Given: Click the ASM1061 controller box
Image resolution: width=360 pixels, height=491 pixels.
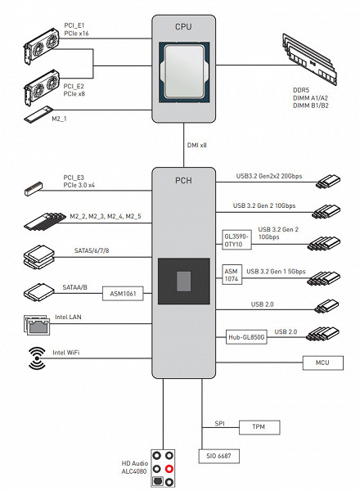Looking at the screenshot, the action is click(123, 294).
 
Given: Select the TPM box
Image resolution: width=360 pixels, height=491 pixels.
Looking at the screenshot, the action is click(259, 427).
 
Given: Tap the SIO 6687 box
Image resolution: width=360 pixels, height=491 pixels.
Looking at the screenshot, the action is click(218, 456).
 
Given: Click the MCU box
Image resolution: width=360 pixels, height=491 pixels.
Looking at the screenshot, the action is click(322, 363).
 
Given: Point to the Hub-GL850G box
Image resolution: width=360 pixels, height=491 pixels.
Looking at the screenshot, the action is click(246, 337).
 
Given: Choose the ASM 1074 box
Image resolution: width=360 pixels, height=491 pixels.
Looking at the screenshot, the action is click(232, 275).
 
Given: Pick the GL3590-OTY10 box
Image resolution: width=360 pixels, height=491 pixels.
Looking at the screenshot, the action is click(236, 240).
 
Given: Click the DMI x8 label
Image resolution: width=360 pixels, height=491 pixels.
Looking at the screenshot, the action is click(197, 146).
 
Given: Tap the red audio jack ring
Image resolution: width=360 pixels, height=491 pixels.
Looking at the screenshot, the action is click(169, 469).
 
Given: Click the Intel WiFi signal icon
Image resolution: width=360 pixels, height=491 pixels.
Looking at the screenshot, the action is click(37, 358).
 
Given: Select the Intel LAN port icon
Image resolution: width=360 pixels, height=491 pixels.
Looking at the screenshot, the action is click(37, 325).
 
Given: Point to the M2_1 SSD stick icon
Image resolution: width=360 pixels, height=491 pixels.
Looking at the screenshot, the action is click(38, 114).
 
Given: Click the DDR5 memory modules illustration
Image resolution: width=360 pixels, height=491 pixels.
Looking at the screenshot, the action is click(309, 59).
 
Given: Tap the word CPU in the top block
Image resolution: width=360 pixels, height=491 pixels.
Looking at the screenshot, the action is click(183, 27).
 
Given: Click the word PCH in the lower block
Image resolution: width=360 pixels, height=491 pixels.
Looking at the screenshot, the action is click(183, 181).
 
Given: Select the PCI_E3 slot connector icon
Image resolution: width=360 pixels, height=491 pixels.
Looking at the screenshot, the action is click(34, 188).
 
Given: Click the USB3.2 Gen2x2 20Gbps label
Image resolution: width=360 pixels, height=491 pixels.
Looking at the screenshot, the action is click(269, 176).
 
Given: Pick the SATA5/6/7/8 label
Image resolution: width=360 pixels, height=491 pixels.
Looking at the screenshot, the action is click(92, 250).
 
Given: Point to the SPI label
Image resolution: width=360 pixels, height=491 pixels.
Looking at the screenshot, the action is click(219, 423).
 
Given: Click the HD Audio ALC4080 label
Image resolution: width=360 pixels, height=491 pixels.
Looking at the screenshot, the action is click(135, 467).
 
